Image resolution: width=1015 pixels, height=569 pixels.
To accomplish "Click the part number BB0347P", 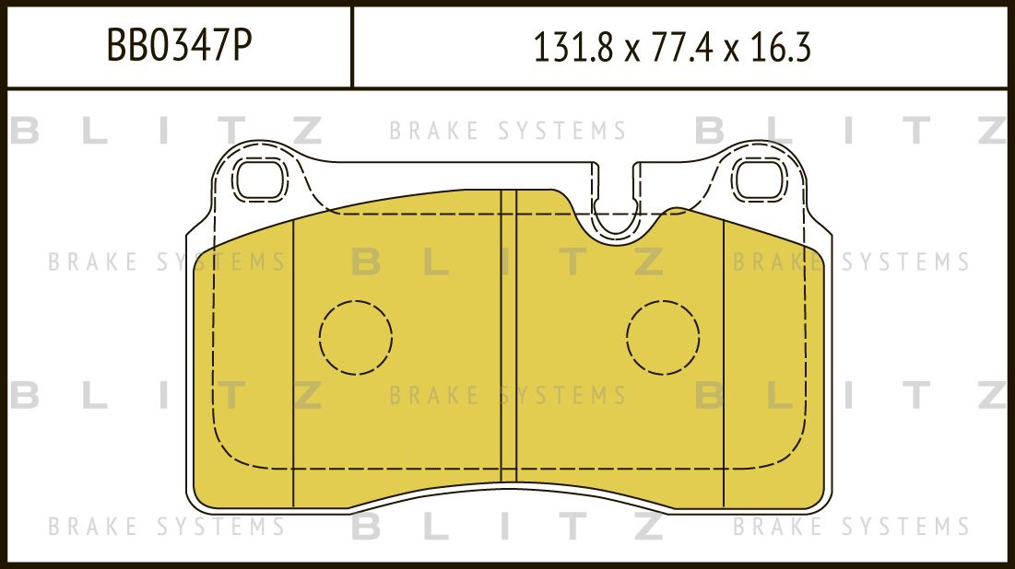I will click(x=179, y=46).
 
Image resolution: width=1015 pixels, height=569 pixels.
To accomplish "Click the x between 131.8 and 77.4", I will click(x=630, y=50).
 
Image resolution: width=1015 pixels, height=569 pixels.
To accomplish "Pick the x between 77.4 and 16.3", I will click(x=732, y=50).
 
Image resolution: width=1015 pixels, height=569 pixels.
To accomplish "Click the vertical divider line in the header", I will click(x=352, y=46).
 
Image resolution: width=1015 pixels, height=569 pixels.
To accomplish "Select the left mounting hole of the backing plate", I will click(x=259, y=179).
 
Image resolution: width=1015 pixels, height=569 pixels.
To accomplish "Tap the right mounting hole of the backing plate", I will click(x=760, y=179).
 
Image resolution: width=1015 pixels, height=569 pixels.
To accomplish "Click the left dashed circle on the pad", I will click(x=356, y=337).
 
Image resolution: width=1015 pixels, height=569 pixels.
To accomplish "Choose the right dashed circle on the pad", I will click(x=663, y=337).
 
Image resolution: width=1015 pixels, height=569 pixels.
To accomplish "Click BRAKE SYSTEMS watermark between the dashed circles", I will click(x=508, y=397).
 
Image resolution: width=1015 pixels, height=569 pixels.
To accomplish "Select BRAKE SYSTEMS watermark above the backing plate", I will click(x=508, y=131).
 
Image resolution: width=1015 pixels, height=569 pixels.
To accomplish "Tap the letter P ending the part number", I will click(x=242, y=46).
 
